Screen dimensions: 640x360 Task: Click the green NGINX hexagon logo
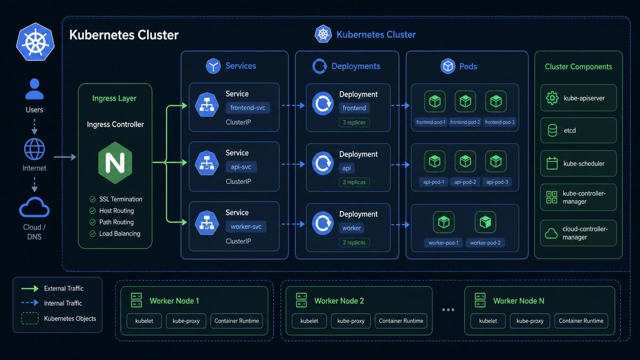click(x=115, y=163)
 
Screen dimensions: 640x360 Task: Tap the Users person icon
click(x=34, y=89)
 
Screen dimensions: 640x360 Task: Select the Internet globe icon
click(x=34, y=149)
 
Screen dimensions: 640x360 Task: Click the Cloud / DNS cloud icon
click(x=34, y=207)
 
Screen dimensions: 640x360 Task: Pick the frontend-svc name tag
click(x=247, y=108)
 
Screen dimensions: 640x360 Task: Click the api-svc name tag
click(x=241, y=167)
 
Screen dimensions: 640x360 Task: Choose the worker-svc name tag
click(x=246, y=227)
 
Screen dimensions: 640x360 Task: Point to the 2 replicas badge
click(x=354, y=242)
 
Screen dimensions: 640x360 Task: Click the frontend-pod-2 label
click(x=465, y=122)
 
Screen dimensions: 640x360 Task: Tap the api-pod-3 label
click(x=497, y=182)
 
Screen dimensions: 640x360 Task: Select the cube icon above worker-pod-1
click(x=444, y=222)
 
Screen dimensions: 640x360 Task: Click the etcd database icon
click(x=553, y=130)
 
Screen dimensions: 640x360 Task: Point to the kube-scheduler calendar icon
click(x=552, y=163)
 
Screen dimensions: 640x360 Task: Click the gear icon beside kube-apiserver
click(x=552, y=98)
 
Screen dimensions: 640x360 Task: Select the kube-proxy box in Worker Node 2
click(x=351, y=321)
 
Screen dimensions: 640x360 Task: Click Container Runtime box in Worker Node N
click(x=581, y=321)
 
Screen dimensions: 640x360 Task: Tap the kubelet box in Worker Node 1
click(x=144, y=321)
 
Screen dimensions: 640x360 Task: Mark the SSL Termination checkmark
click(x=92, y=199)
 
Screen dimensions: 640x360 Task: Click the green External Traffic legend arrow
click(x=30, y=289)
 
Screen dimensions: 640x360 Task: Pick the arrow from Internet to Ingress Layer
click(x=65, y=157)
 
